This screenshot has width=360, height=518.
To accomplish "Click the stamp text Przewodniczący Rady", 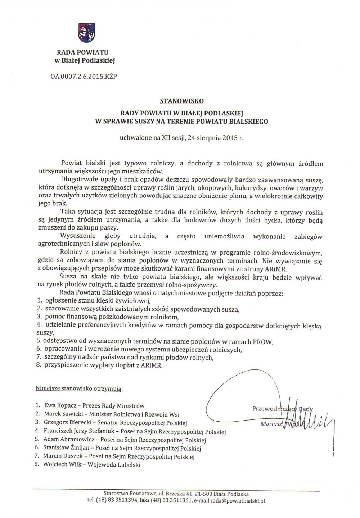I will coord(283,409).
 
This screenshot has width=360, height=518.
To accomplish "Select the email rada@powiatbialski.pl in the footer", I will coord(238,500).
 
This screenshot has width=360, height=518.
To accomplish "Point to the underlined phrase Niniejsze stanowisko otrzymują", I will coord(79,388).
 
